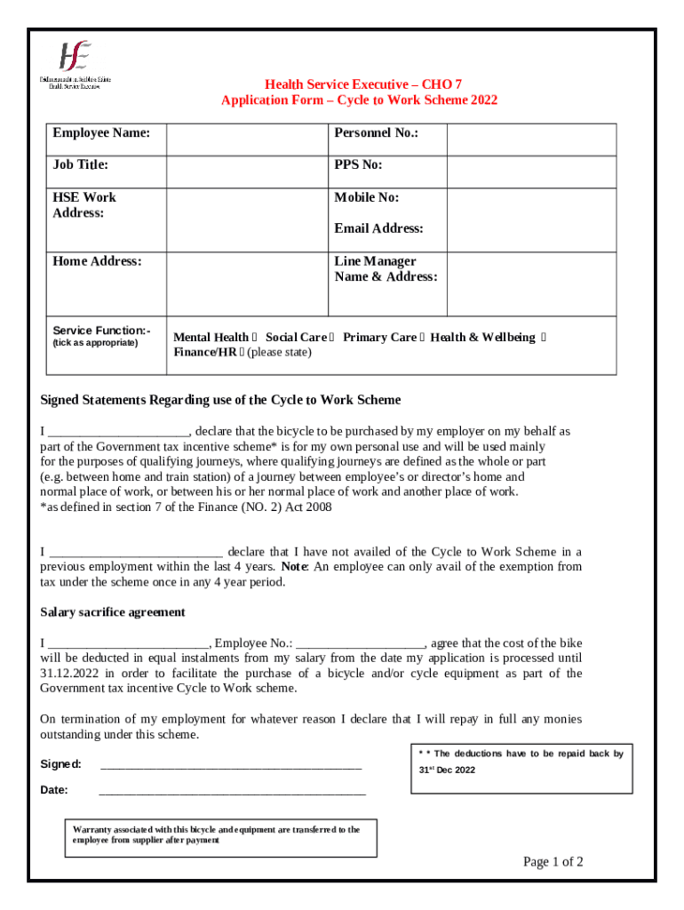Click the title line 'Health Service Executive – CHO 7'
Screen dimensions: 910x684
359,84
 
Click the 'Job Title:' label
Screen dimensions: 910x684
80,164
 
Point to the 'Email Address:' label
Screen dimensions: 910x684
378,228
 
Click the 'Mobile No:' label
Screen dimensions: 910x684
366,197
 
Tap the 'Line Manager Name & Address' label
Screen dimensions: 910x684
386,268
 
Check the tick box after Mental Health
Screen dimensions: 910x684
256,338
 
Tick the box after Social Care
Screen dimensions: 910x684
332,338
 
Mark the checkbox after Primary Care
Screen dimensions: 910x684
422,338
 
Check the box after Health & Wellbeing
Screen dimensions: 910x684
544,338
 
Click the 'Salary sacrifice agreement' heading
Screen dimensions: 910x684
113,612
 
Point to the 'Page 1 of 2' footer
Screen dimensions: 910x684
553,861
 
